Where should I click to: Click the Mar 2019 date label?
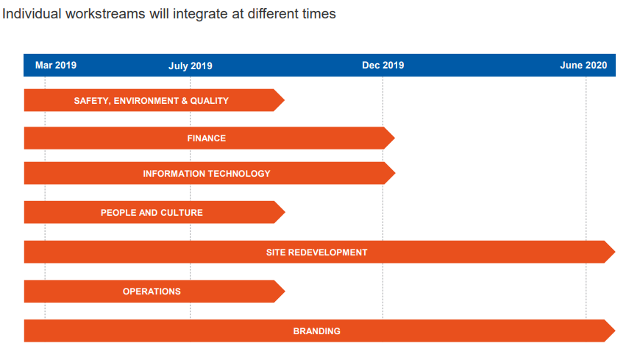point(55,66)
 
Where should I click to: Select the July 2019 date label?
point(191,66)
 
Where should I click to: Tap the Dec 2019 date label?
point(383,66)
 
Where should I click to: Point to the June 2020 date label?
point(583,66)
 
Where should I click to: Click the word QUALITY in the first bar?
point(210,101)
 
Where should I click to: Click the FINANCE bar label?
point(207,138)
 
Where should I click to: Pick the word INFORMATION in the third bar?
point(174,174)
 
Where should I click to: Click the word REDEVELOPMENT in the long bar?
point(328,253)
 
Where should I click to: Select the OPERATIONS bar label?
point(152,292)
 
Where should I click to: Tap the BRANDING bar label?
point(317,331)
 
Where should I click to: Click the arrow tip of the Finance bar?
point(395,138)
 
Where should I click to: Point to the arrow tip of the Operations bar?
point(285,292)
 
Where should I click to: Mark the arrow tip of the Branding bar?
point(615,331)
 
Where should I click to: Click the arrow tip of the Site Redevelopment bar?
point(615,252)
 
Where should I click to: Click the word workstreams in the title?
point(105,14)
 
